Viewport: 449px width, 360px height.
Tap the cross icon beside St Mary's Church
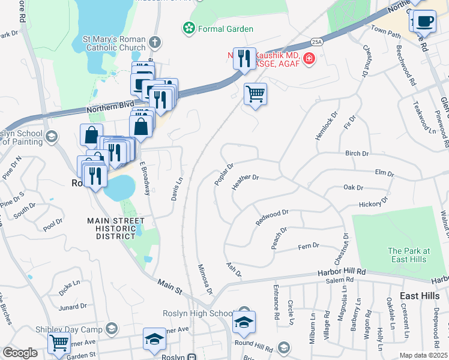coord(155,43)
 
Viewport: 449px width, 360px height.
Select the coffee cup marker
coord(425,20)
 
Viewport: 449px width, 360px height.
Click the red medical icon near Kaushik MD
coord(309,58)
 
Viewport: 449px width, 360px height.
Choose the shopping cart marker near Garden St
coord(59,343)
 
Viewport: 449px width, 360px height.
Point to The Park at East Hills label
coord(408,255)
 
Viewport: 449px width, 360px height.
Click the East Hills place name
coord(420,296)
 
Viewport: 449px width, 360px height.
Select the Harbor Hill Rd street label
coord(342,272)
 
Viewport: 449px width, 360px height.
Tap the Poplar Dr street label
coord(223,174)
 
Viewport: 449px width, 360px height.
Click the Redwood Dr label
coord(273,217)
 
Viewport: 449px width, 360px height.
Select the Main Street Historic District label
coord(116,229)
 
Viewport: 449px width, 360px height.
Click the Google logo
coord(20,353)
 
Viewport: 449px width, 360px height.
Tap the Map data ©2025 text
coord(423,355)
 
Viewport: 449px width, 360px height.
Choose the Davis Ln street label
coord(177,188)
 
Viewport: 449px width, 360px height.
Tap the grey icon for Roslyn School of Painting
coord(52,137)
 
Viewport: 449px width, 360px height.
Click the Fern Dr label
coord(309,246)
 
